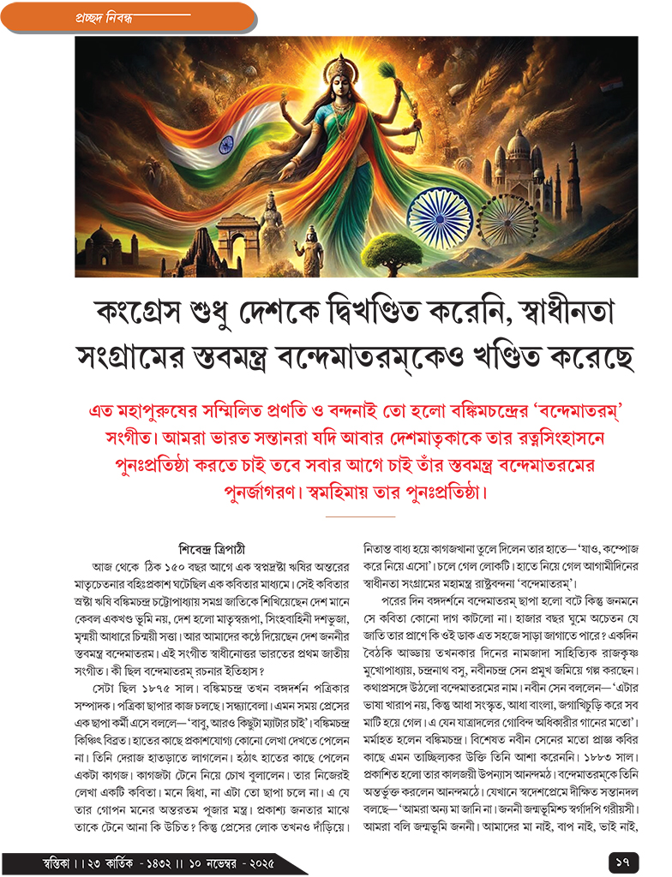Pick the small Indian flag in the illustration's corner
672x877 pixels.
click(x=611, y=85)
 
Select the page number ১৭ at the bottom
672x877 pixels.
click(x=621, y=858)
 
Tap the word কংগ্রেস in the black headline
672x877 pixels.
click(x=141, y=313)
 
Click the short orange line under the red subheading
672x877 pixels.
click(x=360, y=517)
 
